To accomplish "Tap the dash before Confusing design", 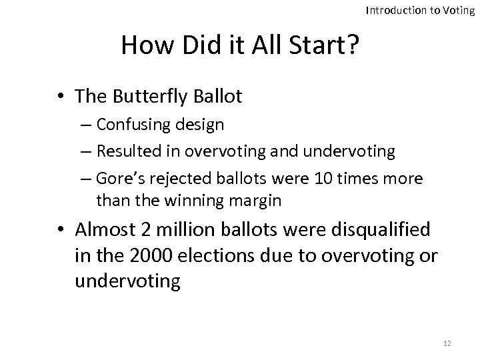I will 87,125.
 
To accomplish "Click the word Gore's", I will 117,178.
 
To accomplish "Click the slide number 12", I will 447,343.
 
